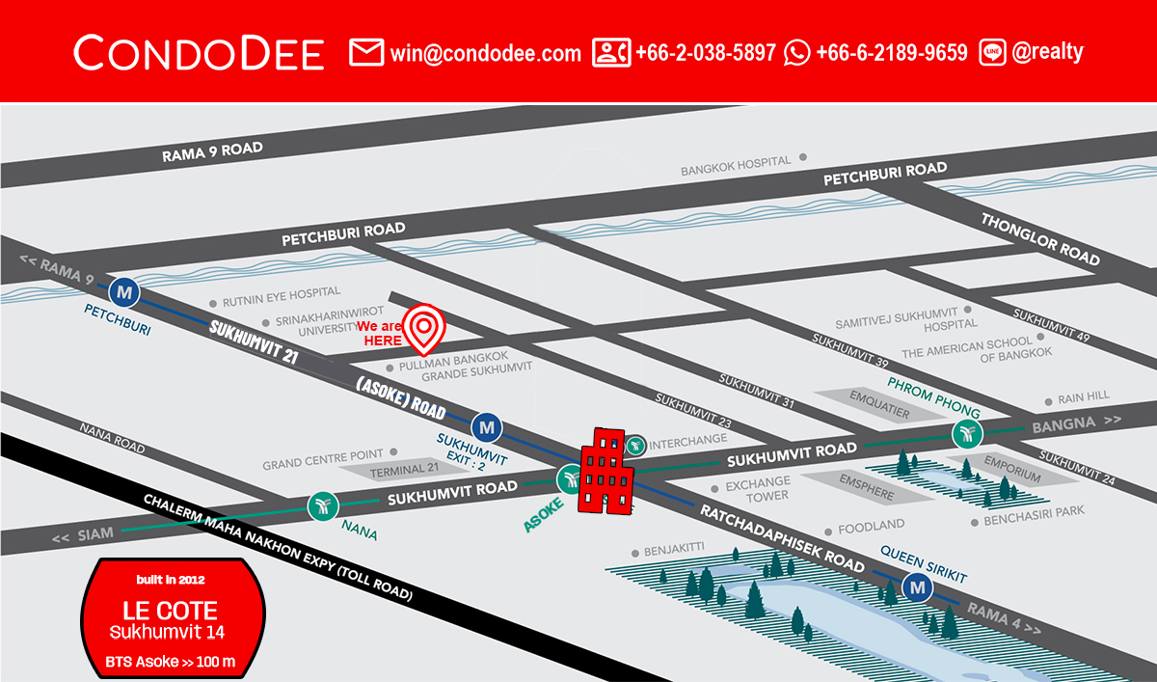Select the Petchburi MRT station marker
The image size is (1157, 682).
pos(123,289)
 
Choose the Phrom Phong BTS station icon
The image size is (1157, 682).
pos(966,434)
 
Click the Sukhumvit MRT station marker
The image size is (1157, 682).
pos(487,424)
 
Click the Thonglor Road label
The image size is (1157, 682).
pos(1040,239)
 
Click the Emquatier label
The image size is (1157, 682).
pos(878,398)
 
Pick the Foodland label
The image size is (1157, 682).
pos(871,526)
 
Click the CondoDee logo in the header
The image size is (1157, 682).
pos(199,52)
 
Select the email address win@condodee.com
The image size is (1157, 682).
pos(485,53)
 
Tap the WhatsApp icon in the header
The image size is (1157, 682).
pos(797,52)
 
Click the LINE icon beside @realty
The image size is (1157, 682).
pos(992,52)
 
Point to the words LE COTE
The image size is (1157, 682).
pos(170,610)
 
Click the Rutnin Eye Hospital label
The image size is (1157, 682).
pos(282,292)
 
